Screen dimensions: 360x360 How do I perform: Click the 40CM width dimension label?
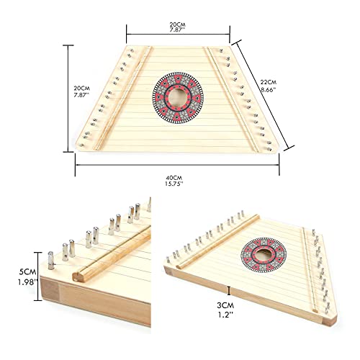(x=174, y=178)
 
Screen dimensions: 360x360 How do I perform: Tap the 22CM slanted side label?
(x=269, y=82)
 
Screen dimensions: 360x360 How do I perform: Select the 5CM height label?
(x=27, y=272)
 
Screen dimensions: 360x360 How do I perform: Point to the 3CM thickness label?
(x=225, y=305)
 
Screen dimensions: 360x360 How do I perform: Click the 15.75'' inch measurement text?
(x=174, y=184)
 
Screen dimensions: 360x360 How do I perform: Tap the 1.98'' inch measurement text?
(x=28, y=282)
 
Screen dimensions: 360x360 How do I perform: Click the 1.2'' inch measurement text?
(x=225, y=315)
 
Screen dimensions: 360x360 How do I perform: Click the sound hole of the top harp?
(x=178, y=98)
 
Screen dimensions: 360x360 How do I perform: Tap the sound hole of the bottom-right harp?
(x=264, y=255)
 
